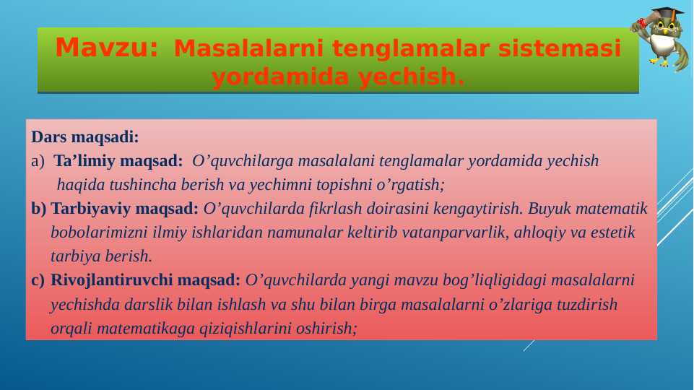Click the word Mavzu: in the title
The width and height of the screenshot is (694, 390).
tap(106, 48)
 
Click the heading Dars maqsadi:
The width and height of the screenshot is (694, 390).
tap(85, 136)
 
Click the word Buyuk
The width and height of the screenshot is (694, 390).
tap(549, 209)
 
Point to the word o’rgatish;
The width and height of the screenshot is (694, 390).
tap(410, 185)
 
